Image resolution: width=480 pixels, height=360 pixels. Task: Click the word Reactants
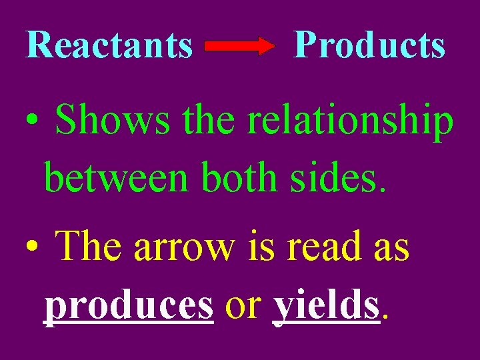109,45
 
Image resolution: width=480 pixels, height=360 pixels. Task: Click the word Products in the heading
369,45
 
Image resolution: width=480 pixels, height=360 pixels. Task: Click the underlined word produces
129,305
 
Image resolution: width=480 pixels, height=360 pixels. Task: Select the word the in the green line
208,121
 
